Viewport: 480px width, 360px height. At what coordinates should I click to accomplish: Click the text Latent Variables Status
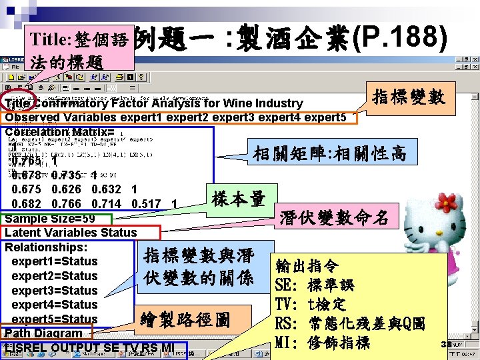click(70, 233)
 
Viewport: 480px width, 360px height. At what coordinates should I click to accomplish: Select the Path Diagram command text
click(44, 333)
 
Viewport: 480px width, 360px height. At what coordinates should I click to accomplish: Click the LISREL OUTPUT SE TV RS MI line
click(90, 347)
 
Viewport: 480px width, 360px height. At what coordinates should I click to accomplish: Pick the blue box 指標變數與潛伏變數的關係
click(198, 267)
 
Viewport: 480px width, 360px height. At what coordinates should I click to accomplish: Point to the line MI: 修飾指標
click(322, 343)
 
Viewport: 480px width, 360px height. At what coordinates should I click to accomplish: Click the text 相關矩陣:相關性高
click(329, 154)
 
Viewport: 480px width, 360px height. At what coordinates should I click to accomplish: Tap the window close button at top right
click(475, 58)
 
